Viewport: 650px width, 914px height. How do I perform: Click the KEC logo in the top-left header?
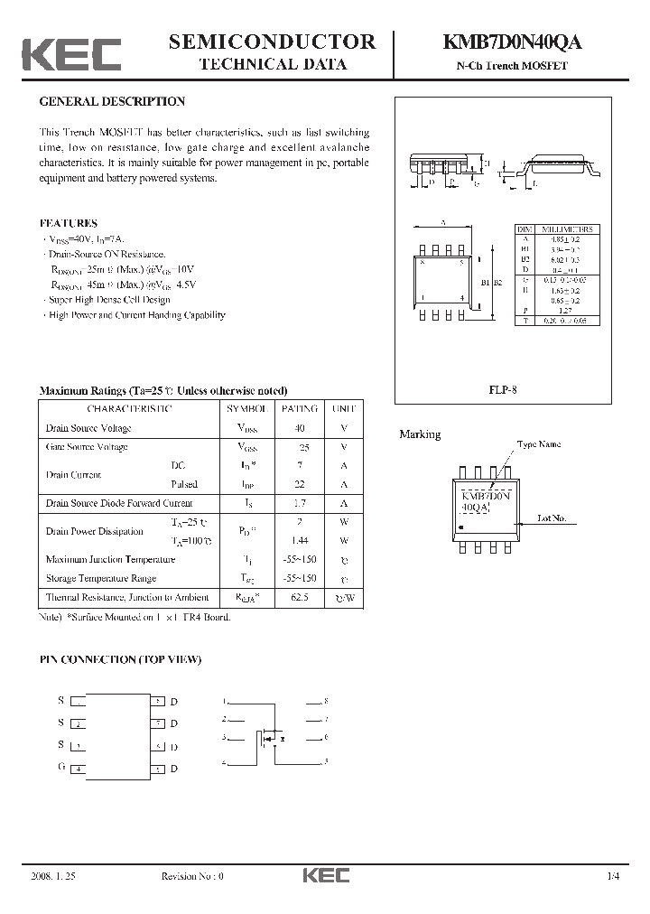coord(71,55)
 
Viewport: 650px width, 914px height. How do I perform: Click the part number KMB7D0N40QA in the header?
coord(511,42)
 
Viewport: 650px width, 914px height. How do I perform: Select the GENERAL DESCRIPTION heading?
coord(112,102)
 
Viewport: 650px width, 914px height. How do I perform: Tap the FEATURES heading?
coord(68,222)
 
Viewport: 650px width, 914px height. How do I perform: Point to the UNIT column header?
coord(344,408)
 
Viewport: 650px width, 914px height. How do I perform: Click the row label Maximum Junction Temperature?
coord(110,559)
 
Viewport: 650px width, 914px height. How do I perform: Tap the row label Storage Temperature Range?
coord(100,578)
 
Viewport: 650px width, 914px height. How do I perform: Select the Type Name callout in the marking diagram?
coord(538,444)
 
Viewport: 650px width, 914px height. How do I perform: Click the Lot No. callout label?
coord(552,518)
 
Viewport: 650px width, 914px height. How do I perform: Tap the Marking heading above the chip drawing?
coord(420,434)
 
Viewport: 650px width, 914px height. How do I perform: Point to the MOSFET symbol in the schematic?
coord(270,738)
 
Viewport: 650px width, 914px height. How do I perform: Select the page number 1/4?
coord(614,876)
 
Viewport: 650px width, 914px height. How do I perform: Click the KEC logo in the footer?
coord(325,875)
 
